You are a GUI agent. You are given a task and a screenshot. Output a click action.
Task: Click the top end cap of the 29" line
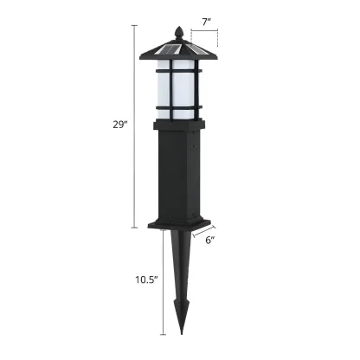tap(133, 25)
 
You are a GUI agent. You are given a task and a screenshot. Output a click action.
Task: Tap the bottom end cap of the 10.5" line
tap(163, 333)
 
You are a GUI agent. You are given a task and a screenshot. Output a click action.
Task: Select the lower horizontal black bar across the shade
tap(180, 108)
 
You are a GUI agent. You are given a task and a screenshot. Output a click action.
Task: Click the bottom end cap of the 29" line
tap(133, 228)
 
